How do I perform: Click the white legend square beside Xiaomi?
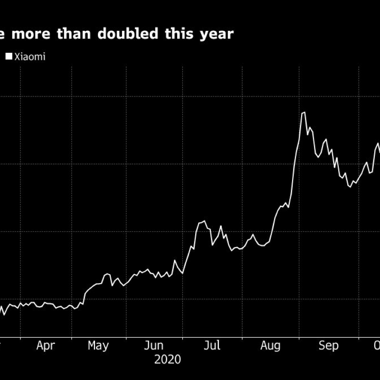pyautogui.click(x=9, y=57)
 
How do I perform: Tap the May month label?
pyautogui.click(x=98, y=345)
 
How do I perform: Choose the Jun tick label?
pyautogui.click(x=154, y=345)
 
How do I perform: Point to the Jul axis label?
pyautogui.click(x=212, y=345)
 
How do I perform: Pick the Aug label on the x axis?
pyautogui.click(x=270, y=345)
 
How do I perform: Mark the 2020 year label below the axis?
pyautogui.click(x=167, y=360)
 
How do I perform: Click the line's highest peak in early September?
pyautogui.click(x=303, y=113)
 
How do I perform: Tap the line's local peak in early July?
pyautogui.click(x=204, y=221)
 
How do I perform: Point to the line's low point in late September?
pyautogui.click(x=350, y=187)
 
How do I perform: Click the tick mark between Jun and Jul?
pyautogui.click(x=182, y=338)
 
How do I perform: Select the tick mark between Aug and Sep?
pyautogui.click(x=299, y=338)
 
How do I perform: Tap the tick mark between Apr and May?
pyautogui.click(x=72, y=338)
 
